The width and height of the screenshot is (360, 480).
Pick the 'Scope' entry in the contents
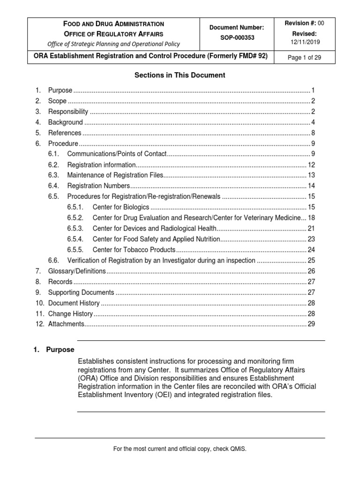pos(57,101)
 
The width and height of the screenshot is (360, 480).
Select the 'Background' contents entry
pos(65,122)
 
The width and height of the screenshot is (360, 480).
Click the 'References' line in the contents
pos(65,133)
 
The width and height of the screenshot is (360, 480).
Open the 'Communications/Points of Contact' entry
pos(117,154)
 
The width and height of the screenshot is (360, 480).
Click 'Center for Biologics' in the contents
pos(121,207)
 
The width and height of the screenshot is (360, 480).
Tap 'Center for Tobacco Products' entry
pos(134,250)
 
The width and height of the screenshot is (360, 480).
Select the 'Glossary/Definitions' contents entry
pos(77,271)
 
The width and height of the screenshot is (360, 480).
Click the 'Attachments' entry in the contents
pos(66,324)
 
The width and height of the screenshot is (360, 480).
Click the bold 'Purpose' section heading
pos(60,350)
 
